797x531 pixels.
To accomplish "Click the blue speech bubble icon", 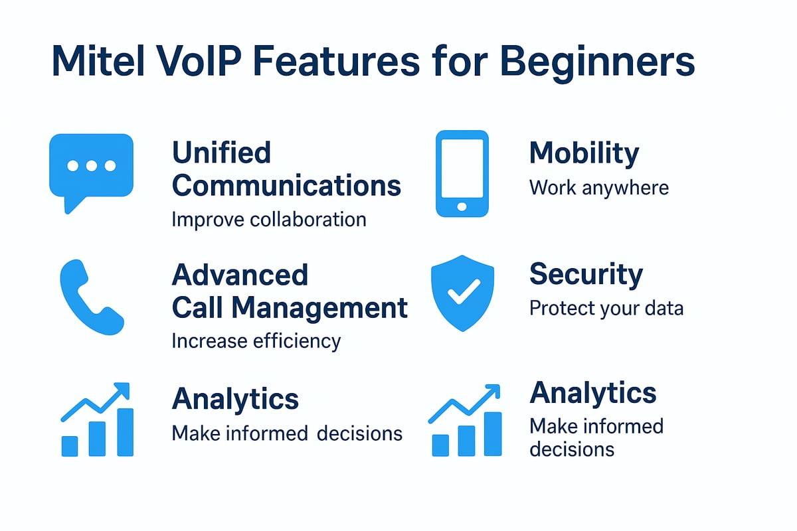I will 92,166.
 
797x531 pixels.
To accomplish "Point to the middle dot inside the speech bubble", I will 92,165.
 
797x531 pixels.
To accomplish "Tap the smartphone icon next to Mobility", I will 462,174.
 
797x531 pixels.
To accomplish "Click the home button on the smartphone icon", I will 462,207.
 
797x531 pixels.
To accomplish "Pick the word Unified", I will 221,153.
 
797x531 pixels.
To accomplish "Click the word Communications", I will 286,186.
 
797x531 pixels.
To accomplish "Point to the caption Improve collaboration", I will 268,219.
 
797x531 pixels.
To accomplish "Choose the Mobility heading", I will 584,153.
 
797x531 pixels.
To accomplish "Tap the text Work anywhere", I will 598,187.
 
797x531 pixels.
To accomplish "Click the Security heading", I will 586,275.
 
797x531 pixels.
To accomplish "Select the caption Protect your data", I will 606,309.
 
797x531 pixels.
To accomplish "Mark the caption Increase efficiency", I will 256,341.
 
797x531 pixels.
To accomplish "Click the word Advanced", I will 240,275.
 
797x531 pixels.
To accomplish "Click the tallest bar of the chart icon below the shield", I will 492,434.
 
